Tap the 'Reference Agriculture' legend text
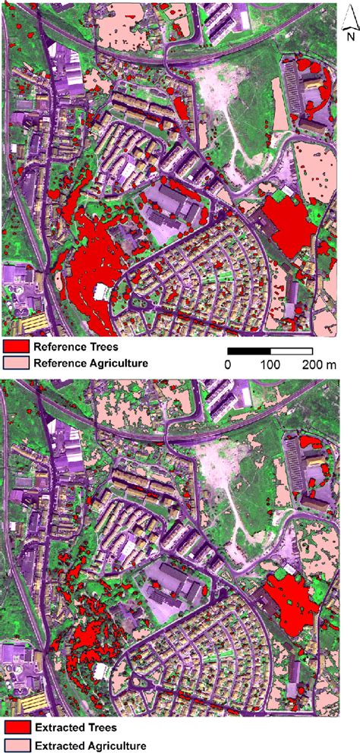click(90, 363)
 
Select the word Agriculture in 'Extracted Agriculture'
click(112, 746)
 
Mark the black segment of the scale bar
click(249, 351)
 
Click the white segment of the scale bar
click(292, 351)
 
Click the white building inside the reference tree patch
click(100, 291)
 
